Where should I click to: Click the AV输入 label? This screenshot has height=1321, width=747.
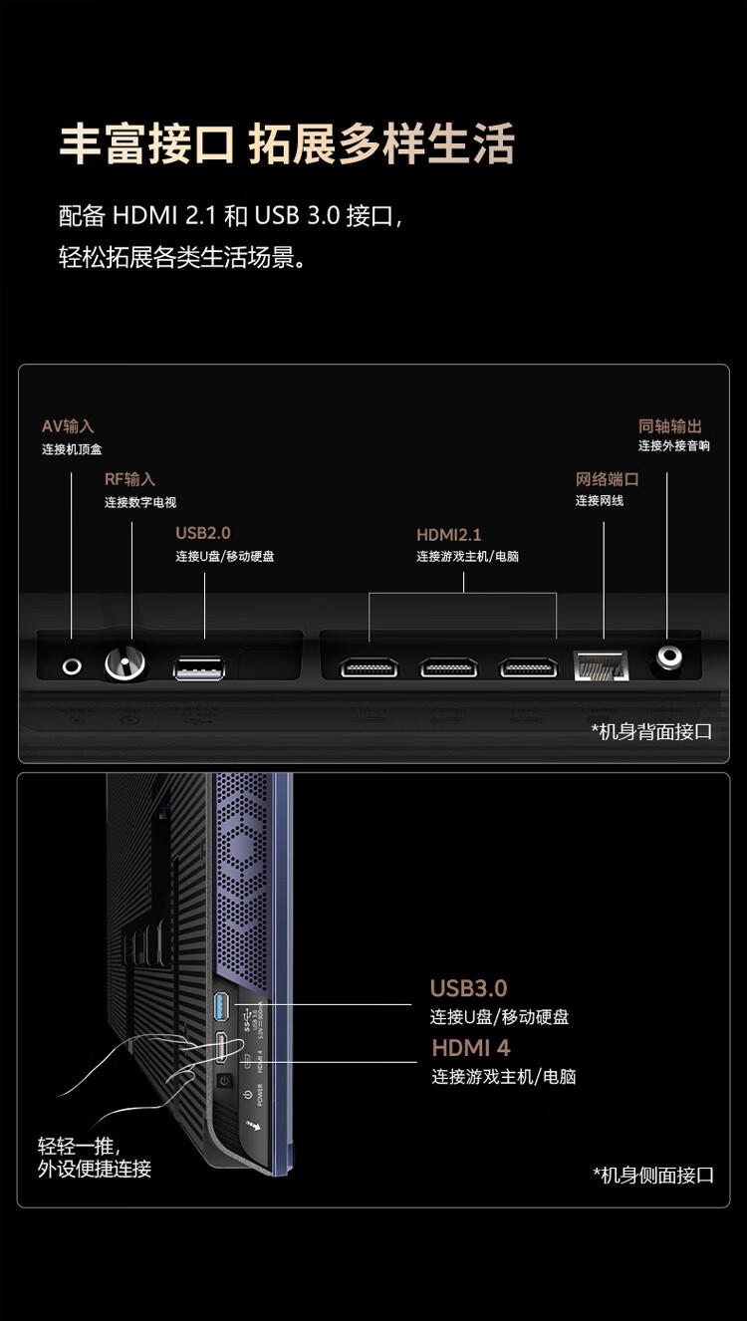point(68,426)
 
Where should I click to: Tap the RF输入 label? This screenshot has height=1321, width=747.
point(130,479)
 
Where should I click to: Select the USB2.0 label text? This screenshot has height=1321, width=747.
point(203,533)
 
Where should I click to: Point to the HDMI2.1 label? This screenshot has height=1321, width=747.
point(449,535)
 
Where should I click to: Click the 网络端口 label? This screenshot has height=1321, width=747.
point(607,479)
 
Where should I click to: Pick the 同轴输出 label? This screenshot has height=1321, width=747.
point(670,425)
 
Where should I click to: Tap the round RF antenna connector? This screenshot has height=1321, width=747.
point(125,663)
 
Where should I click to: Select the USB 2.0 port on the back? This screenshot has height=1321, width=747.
point(200,668)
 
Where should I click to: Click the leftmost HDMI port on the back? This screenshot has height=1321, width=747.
point(370,667)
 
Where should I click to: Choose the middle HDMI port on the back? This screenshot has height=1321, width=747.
point(448,667)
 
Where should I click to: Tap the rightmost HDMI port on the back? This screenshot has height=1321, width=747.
point(528,667)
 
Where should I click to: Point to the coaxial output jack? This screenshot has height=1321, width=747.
point(667,659)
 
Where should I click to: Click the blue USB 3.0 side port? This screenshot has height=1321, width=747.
point(223,1007)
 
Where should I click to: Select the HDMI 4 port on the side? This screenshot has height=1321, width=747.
point(223,1049)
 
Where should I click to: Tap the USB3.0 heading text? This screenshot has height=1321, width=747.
point(468,988)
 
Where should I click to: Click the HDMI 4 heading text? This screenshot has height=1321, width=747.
point(471,1048)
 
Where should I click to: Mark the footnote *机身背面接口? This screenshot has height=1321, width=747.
point(652,732)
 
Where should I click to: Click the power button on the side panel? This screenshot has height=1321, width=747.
point(224,1081)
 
